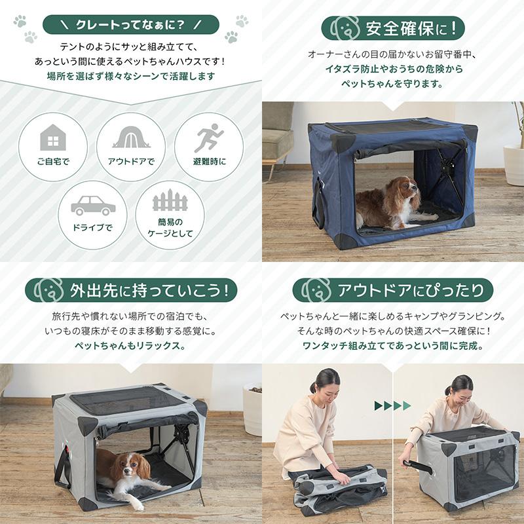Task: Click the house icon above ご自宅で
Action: pyautogui.click(x=53, y=137)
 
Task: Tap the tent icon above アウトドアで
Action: pyautogui.click(x=131, y=137)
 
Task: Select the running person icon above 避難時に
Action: pyautogui.click(x=209, y=138)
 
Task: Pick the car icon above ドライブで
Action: pyautogui.click(x=93, y=205)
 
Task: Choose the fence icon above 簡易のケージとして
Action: pyautogui.click(x=170, y=200)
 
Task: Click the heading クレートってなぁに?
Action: pyautogui.click(x=130, y=25)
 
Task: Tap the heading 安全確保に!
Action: pyautogui.click(x=411, y=28)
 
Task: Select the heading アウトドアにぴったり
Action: pyautogui.click(x=411, y=290)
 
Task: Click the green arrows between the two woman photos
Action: pyautogui.click(x=392, y=405)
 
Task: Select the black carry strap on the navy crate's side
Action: pyautogui.click(x=318, y=203)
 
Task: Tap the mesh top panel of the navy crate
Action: pyautogui.click(x=394, y=128)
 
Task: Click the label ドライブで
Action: pyautogui.click(x=92, y=228)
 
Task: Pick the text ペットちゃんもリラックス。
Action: pyautogui.click(x=130, y=346)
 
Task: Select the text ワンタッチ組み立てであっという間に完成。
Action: pyautogui.click(x=393, y=346)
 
